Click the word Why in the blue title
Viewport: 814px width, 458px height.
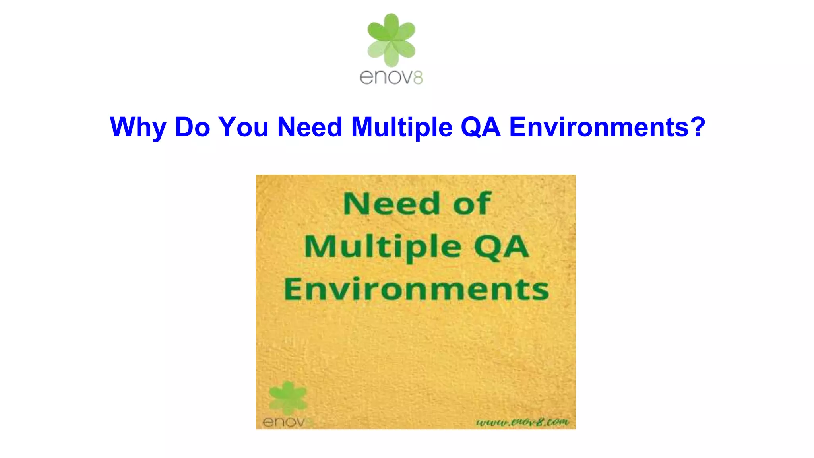coord(138,127)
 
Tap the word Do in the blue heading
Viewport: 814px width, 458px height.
coord(192,127)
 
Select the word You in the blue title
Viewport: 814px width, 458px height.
coord(243,127)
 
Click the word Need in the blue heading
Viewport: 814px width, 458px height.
coord(310,127)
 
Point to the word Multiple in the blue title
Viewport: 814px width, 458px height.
coord(402,127)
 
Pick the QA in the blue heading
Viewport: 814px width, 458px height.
coord(481,127)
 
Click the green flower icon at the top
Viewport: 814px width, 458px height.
coord(391,40)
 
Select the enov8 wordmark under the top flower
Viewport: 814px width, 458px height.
coord(391,77)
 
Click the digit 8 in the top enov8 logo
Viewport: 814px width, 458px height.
coord(418,78)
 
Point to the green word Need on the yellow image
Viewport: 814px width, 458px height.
coord(391,204)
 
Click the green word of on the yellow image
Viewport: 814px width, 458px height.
coord(472,204)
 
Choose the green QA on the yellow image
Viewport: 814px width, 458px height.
coord(502,247)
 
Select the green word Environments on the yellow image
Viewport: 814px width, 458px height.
coord(416,289)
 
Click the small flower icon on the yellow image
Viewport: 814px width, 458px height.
coord(288,398)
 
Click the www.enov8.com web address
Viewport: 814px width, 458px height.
coord(523,422)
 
